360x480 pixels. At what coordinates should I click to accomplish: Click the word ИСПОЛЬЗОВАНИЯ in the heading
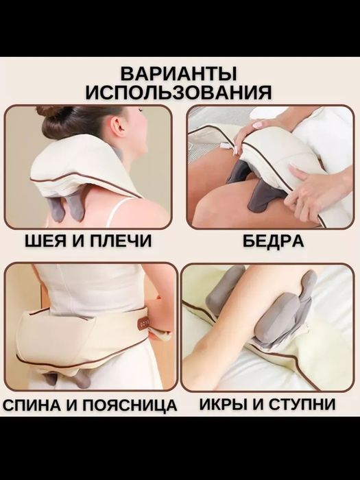[x=180, y=92]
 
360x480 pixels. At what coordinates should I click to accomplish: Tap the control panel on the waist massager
[x=145, y=322]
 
